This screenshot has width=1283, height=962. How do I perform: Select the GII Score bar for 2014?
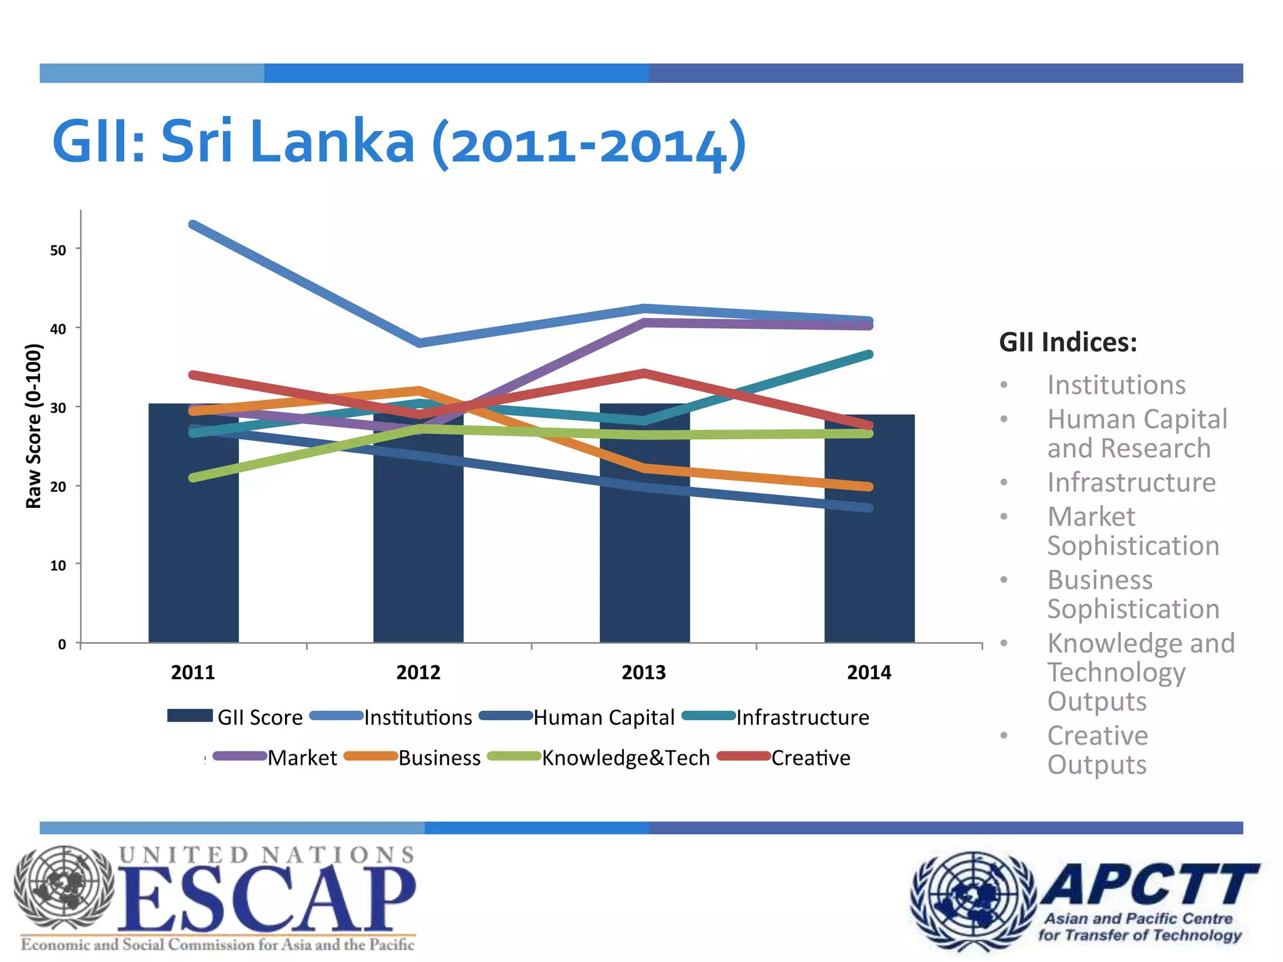point(870,564)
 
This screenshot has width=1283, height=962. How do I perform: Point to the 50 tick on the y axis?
point(58,251)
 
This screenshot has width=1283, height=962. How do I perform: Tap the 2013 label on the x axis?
point(644,673)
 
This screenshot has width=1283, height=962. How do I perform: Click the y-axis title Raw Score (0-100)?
point(33,426)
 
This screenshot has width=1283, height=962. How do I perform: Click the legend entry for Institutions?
point(417,717)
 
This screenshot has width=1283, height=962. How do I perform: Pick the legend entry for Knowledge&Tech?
point(625,758)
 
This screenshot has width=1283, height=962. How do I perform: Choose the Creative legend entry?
point(810,758)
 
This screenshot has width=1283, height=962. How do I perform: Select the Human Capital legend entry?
point(603,717)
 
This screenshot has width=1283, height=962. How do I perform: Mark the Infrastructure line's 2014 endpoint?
point(869,354)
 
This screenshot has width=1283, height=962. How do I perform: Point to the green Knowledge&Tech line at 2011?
point(193,478)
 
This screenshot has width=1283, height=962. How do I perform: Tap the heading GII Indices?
point(1067,343)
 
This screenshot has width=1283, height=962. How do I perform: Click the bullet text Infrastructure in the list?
point(1131,482)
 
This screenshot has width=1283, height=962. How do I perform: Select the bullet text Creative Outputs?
point(1098,750)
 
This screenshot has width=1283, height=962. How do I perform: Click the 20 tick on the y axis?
point(58,487)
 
